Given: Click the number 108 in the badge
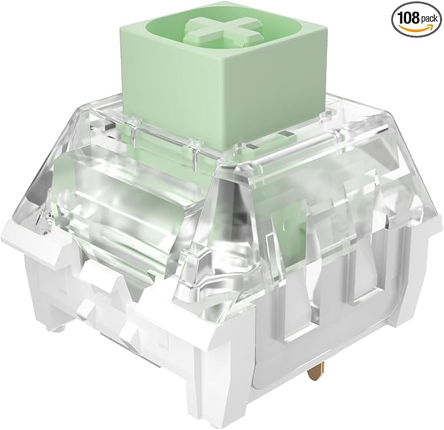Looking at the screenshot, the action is tap(409, 18).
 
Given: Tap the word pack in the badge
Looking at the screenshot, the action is tap(429, 19).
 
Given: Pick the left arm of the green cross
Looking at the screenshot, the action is tap(190, 27).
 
